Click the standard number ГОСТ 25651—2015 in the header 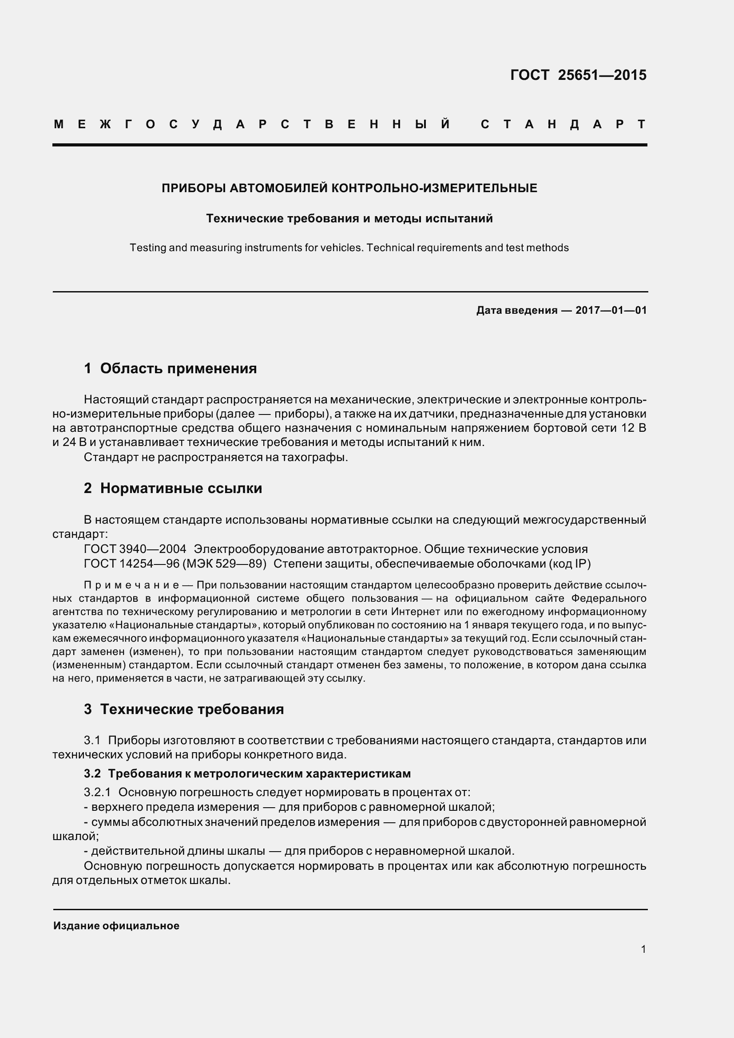coord(578,75)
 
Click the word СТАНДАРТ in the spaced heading coord(563,124)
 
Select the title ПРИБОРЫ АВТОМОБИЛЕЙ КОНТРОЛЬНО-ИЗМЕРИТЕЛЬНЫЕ coord(349,188)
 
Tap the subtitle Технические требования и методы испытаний coord(349,219)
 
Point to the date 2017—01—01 coord(611,310)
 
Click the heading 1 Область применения coord(170,368)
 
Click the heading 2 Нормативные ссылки coord(173,488)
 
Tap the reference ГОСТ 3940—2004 coord(135,549)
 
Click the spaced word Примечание coord(131,585)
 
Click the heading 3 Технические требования coord(184,709)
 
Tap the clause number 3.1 coord(92,741)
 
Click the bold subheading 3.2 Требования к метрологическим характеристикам coord(247,774)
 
